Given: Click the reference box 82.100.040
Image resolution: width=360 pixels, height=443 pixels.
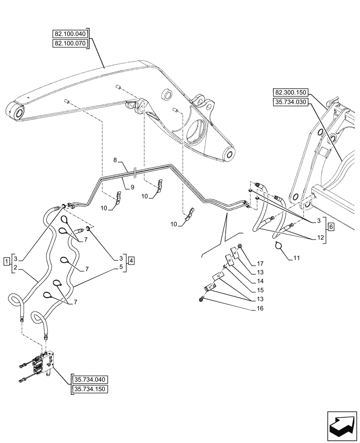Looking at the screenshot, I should pyautogui.click(x=70, y=34).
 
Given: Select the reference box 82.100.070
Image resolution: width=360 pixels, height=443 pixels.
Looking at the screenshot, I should pyautogui.click(x=70, y=43).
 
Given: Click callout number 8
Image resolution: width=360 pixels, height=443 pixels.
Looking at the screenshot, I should pyautogui.click(x=115, y=159).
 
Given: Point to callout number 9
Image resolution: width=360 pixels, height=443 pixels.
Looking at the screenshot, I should pyautogui.click(x=132, y=187).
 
